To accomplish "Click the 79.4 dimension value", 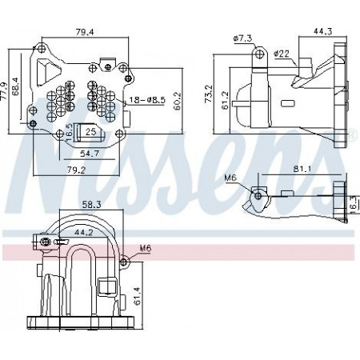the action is (85, 32).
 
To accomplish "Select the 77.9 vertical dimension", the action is (5, 91).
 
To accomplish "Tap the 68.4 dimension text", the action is (15, 86).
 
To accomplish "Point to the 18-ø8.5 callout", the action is (147, 100).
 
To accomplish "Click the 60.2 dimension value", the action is (177, 101).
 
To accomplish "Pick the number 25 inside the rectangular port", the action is (90, 131).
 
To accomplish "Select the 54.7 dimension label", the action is (90, 153).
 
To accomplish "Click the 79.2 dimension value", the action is (76, 170).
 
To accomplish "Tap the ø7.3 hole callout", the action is (242, 38).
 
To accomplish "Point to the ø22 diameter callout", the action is (282, 54).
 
